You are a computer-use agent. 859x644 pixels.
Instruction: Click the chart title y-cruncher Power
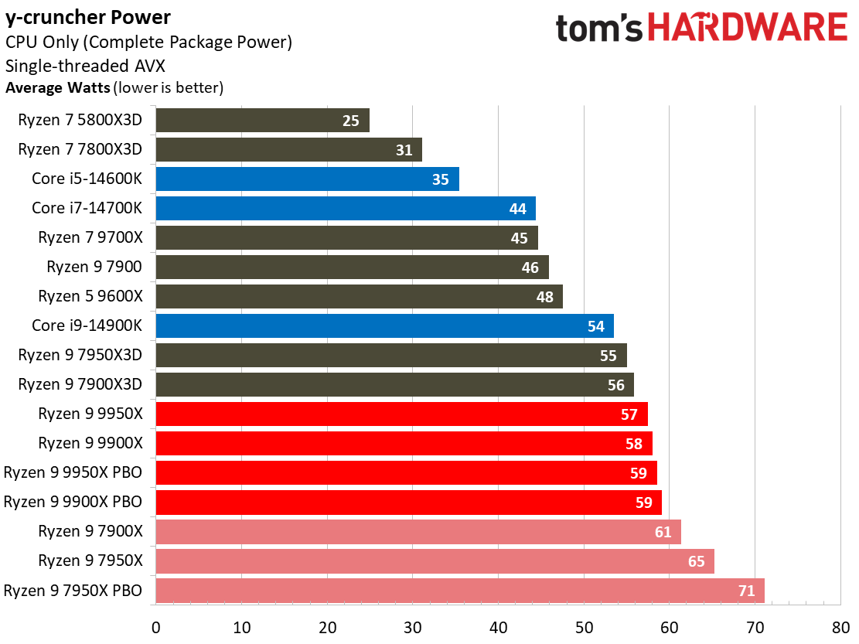(88, 17)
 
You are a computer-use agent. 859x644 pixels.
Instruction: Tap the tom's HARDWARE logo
(701, 29)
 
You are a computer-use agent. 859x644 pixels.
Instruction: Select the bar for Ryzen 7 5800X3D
(262, 121)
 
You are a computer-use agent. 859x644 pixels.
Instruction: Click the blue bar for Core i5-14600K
(307, 179)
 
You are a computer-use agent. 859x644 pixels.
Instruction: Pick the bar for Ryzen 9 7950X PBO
(459, 591)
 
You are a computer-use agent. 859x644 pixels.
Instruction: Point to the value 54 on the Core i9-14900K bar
(595, 326)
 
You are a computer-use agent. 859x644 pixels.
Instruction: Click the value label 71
(746, 591)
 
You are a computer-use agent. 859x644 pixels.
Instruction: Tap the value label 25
(351, 121)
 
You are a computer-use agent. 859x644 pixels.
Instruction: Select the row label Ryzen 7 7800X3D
(80, 149)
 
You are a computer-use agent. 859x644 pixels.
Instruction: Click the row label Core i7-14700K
(87, 208)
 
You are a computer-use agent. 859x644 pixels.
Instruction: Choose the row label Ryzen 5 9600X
(90, 296)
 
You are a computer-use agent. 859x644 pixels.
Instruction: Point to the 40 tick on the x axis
(498, 626)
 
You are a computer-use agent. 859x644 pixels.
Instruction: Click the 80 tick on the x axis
(840, 626)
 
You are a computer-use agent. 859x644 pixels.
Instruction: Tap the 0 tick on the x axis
(156, 626)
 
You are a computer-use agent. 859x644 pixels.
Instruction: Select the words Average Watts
(58, 87)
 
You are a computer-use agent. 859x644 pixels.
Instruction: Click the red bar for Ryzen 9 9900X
(404, 444)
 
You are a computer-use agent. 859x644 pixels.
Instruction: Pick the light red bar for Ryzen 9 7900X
(418, 532)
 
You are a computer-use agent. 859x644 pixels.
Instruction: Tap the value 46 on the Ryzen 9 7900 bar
(530, 267)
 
